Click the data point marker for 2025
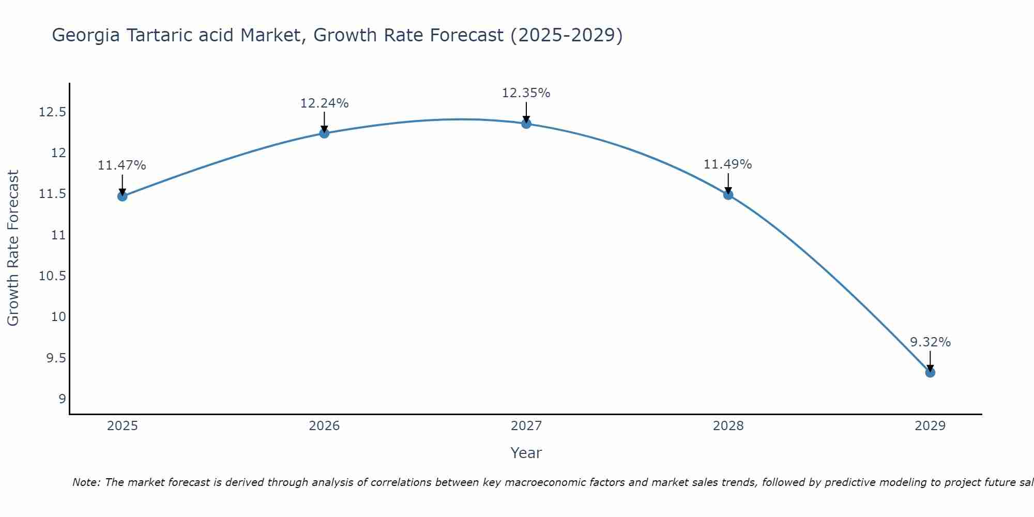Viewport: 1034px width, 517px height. click(x=123, y=196)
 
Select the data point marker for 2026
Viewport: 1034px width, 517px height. click(x=324, y=133)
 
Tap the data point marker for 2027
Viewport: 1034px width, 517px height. click(x=526, y=124)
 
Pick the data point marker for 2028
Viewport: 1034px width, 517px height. click(x=728, y=194)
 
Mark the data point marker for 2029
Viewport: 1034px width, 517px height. click(x=930, y=372)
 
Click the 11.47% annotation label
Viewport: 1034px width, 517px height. click(x=122, y=165)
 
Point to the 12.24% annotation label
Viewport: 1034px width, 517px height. click(x=324, y=103)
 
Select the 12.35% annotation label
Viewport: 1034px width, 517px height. click(x=526, y=93)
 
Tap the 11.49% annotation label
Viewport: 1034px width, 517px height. click(x=727, y=164)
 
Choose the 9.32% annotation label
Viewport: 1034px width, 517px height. click(x=930, y=342)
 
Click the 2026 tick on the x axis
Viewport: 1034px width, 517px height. click(x=324, y=426)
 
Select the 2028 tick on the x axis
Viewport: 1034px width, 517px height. click(x=728, y=426)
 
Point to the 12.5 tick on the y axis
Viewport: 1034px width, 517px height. click(x=53, y=112)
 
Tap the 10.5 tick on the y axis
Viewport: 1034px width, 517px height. click(x=53, y=276)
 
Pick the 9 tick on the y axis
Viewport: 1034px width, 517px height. click(x=62, y=399)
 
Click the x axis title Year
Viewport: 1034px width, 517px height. click(x=526, y=453)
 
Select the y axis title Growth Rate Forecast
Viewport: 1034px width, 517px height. click(x=13, y=248)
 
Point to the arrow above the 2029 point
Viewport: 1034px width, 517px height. click(x=930, y=361)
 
